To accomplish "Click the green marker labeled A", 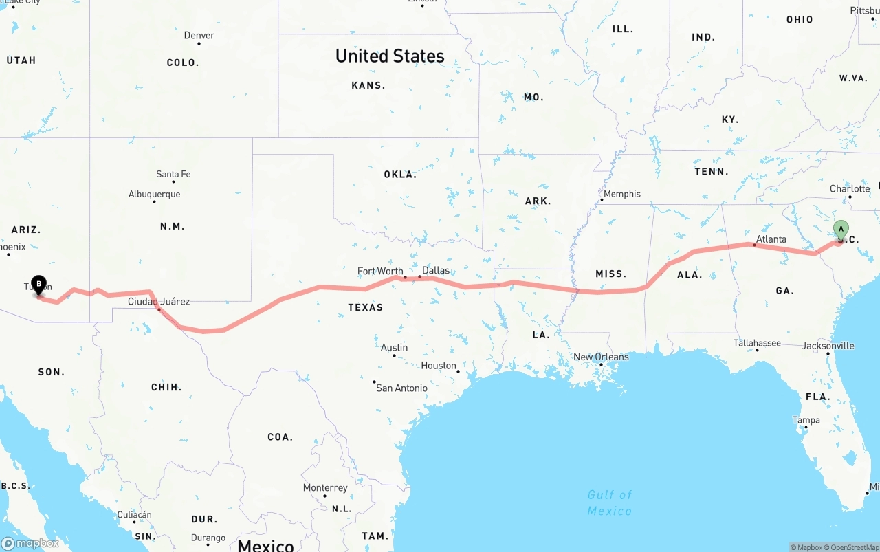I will (x=840, y=230).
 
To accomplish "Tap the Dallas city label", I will (x=436, y=270).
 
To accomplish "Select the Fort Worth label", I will (x=380, y=271).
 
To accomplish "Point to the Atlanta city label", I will (x=771, y=239).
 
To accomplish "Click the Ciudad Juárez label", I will (x=159, y=301).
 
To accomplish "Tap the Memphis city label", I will (x=622, y=194).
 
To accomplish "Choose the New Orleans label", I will (x=601, y=357).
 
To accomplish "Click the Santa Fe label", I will (x=173, y=174).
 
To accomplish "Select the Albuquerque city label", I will (x=155, y=194).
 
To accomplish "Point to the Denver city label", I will (x=199, y=35).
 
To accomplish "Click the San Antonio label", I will (x=401, y=388).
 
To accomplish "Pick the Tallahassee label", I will (x=757, y=342).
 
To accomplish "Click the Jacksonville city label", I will (x=828, y=345).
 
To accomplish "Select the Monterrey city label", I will (x=325, y=487).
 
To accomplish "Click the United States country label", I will (x=390, y=56).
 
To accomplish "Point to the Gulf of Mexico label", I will (x=609, y=503).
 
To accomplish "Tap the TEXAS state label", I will (x=366, y=307).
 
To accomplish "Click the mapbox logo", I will (x=30, y=543).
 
